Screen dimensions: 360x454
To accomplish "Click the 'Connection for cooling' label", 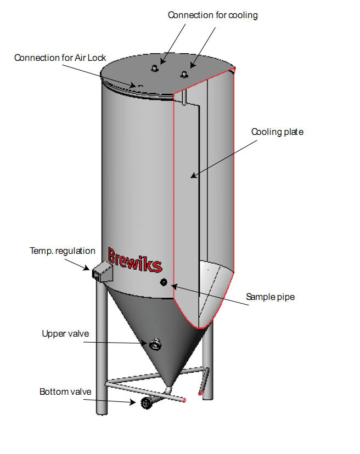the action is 213,15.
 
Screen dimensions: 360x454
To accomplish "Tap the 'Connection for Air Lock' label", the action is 60,58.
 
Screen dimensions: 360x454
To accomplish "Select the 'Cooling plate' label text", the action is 277,132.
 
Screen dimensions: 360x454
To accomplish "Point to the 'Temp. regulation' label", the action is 63,251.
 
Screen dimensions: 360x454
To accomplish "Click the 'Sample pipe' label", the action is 270,297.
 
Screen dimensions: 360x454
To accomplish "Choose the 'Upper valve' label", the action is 65,333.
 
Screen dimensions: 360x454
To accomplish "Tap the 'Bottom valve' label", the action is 65,391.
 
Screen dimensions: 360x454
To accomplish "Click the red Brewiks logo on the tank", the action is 135,260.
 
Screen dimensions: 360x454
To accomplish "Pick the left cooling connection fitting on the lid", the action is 155,68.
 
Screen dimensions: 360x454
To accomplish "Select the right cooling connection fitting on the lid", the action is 184,75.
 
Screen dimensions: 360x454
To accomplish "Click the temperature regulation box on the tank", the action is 102,271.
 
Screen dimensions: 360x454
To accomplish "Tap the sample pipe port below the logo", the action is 164,282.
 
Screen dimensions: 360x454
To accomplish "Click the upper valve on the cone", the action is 155,344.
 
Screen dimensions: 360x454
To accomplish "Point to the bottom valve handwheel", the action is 146,403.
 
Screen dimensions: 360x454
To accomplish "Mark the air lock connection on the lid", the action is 140,86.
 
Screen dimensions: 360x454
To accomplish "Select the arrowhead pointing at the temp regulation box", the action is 86,268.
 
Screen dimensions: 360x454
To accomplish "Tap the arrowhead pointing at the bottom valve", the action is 132,402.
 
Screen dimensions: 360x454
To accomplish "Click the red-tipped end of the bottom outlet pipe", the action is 184,400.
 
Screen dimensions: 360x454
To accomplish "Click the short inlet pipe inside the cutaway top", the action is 184,97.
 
